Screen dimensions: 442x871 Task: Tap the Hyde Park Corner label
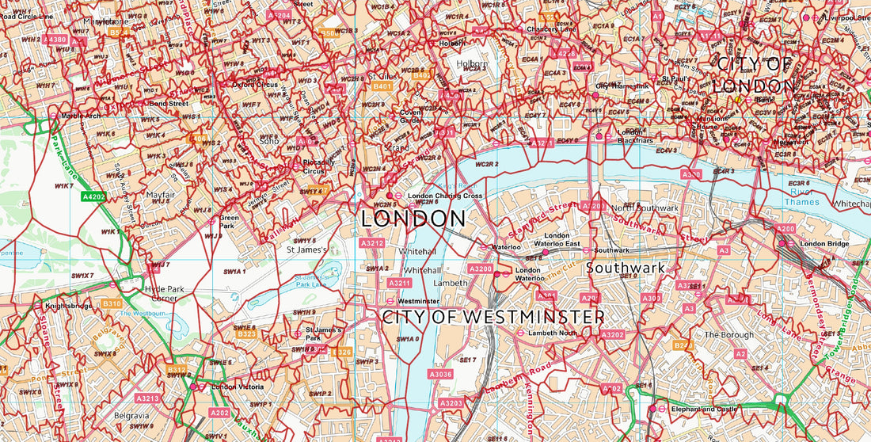coord(165,294)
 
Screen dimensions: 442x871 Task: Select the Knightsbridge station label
coord(69,306)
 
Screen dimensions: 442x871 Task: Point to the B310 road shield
coord(112,303)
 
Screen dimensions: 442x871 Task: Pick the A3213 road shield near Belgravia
coord(147,398)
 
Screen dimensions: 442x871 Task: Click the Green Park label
coord(229,221)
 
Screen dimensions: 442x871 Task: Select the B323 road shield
coord(247,334)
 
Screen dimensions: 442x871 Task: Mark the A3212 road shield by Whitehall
coord(371,242)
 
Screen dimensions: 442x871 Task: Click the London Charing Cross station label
coord(444,196)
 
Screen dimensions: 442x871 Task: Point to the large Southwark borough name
coord(626,268)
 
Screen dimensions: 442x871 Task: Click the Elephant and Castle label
coord(704,409)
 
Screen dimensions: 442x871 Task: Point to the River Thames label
coord(801,196)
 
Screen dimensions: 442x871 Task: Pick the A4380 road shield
coord(56,39)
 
